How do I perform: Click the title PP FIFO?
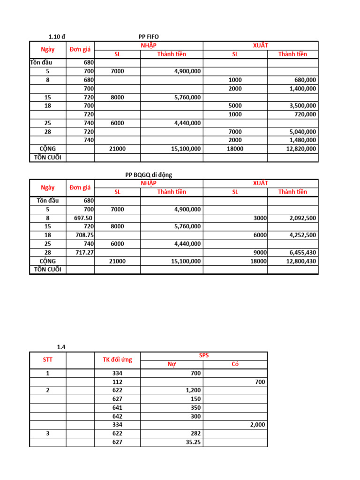[149, 37]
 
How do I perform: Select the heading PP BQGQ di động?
[149, 175]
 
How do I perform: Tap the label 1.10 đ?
[57, 37]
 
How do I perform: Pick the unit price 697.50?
[83, 218]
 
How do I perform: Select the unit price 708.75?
[84, 235]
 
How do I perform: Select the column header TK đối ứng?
[117, 360]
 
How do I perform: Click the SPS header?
[204, 356]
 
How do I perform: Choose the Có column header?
[235, 364]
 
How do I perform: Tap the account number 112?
[117, 382]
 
